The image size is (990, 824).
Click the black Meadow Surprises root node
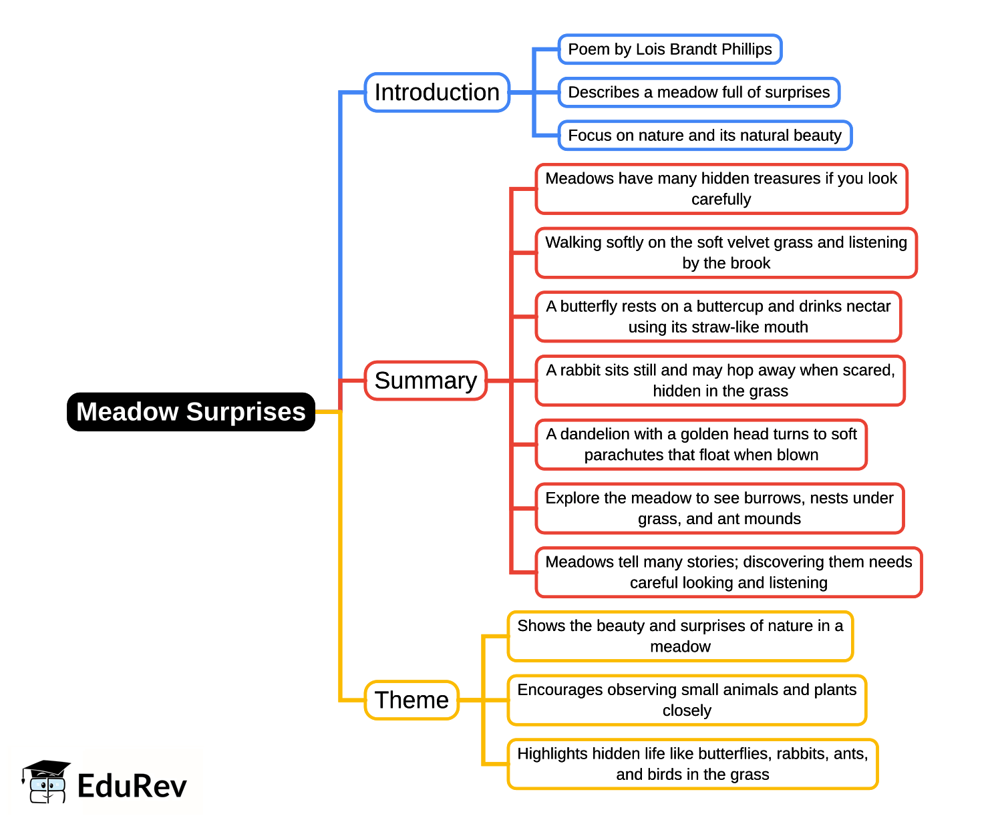point(191,412)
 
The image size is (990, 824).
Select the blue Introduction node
point(437,92)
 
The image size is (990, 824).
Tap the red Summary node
point(426,381)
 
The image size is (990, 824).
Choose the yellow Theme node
point(411,700)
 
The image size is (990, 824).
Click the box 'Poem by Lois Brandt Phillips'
point(669,49)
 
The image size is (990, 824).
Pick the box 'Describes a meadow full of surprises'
point(698,92)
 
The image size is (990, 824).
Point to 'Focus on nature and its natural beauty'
point(704,136)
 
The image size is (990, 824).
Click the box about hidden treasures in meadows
point(721,189)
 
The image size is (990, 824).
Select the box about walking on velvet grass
point(725,252)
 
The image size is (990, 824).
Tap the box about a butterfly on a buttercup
point(718,317)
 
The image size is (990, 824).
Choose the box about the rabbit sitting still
point(720,381)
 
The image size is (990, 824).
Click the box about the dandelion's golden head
point(701,444)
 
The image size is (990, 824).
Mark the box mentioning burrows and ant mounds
point(719,508)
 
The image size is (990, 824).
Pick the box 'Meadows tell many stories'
point(728,572)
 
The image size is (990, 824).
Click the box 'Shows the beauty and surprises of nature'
point(680,636)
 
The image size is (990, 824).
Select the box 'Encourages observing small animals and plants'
point(687,700)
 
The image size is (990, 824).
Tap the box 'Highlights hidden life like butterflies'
point(692,764)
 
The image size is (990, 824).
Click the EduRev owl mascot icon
point(46,782)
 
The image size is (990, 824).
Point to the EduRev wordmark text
point(132,786)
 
